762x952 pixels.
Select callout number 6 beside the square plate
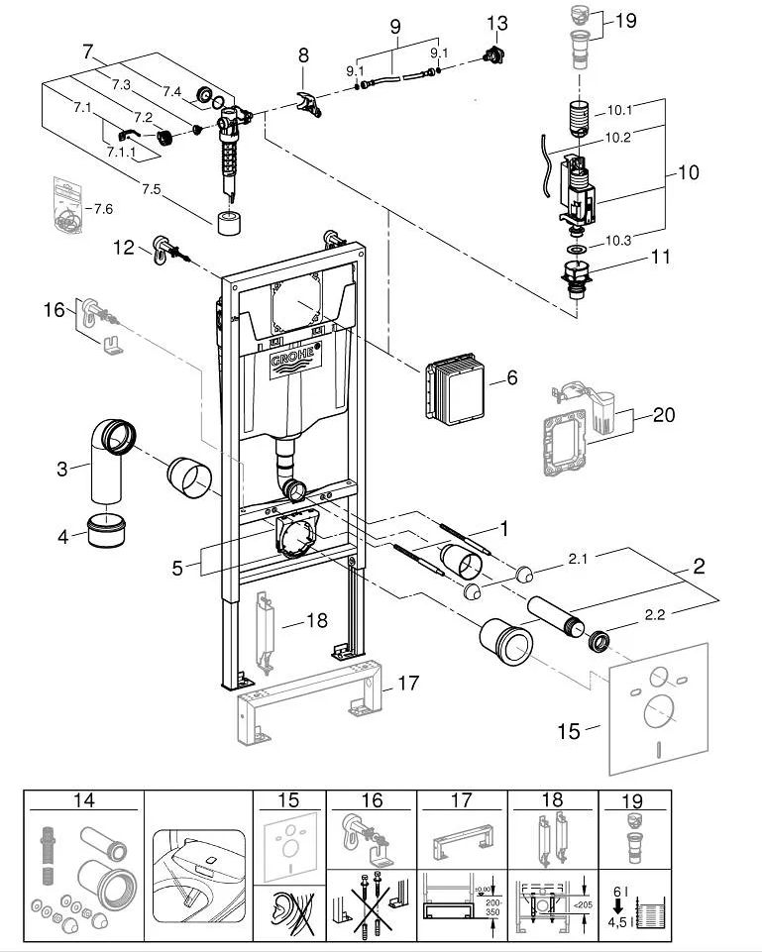[x=512, y=377]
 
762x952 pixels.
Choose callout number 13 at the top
[x=495, y=23]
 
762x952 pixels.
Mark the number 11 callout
[x=660, y=258]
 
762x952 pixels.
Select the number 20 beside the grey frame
[x=664, y=414]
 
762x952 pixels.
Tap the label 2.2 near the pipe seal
[x=655, y=615]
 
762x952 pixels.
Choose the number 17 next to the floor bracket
[x=408, y=684]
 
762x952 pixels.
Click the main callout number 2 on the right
[x=699, y=568]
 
